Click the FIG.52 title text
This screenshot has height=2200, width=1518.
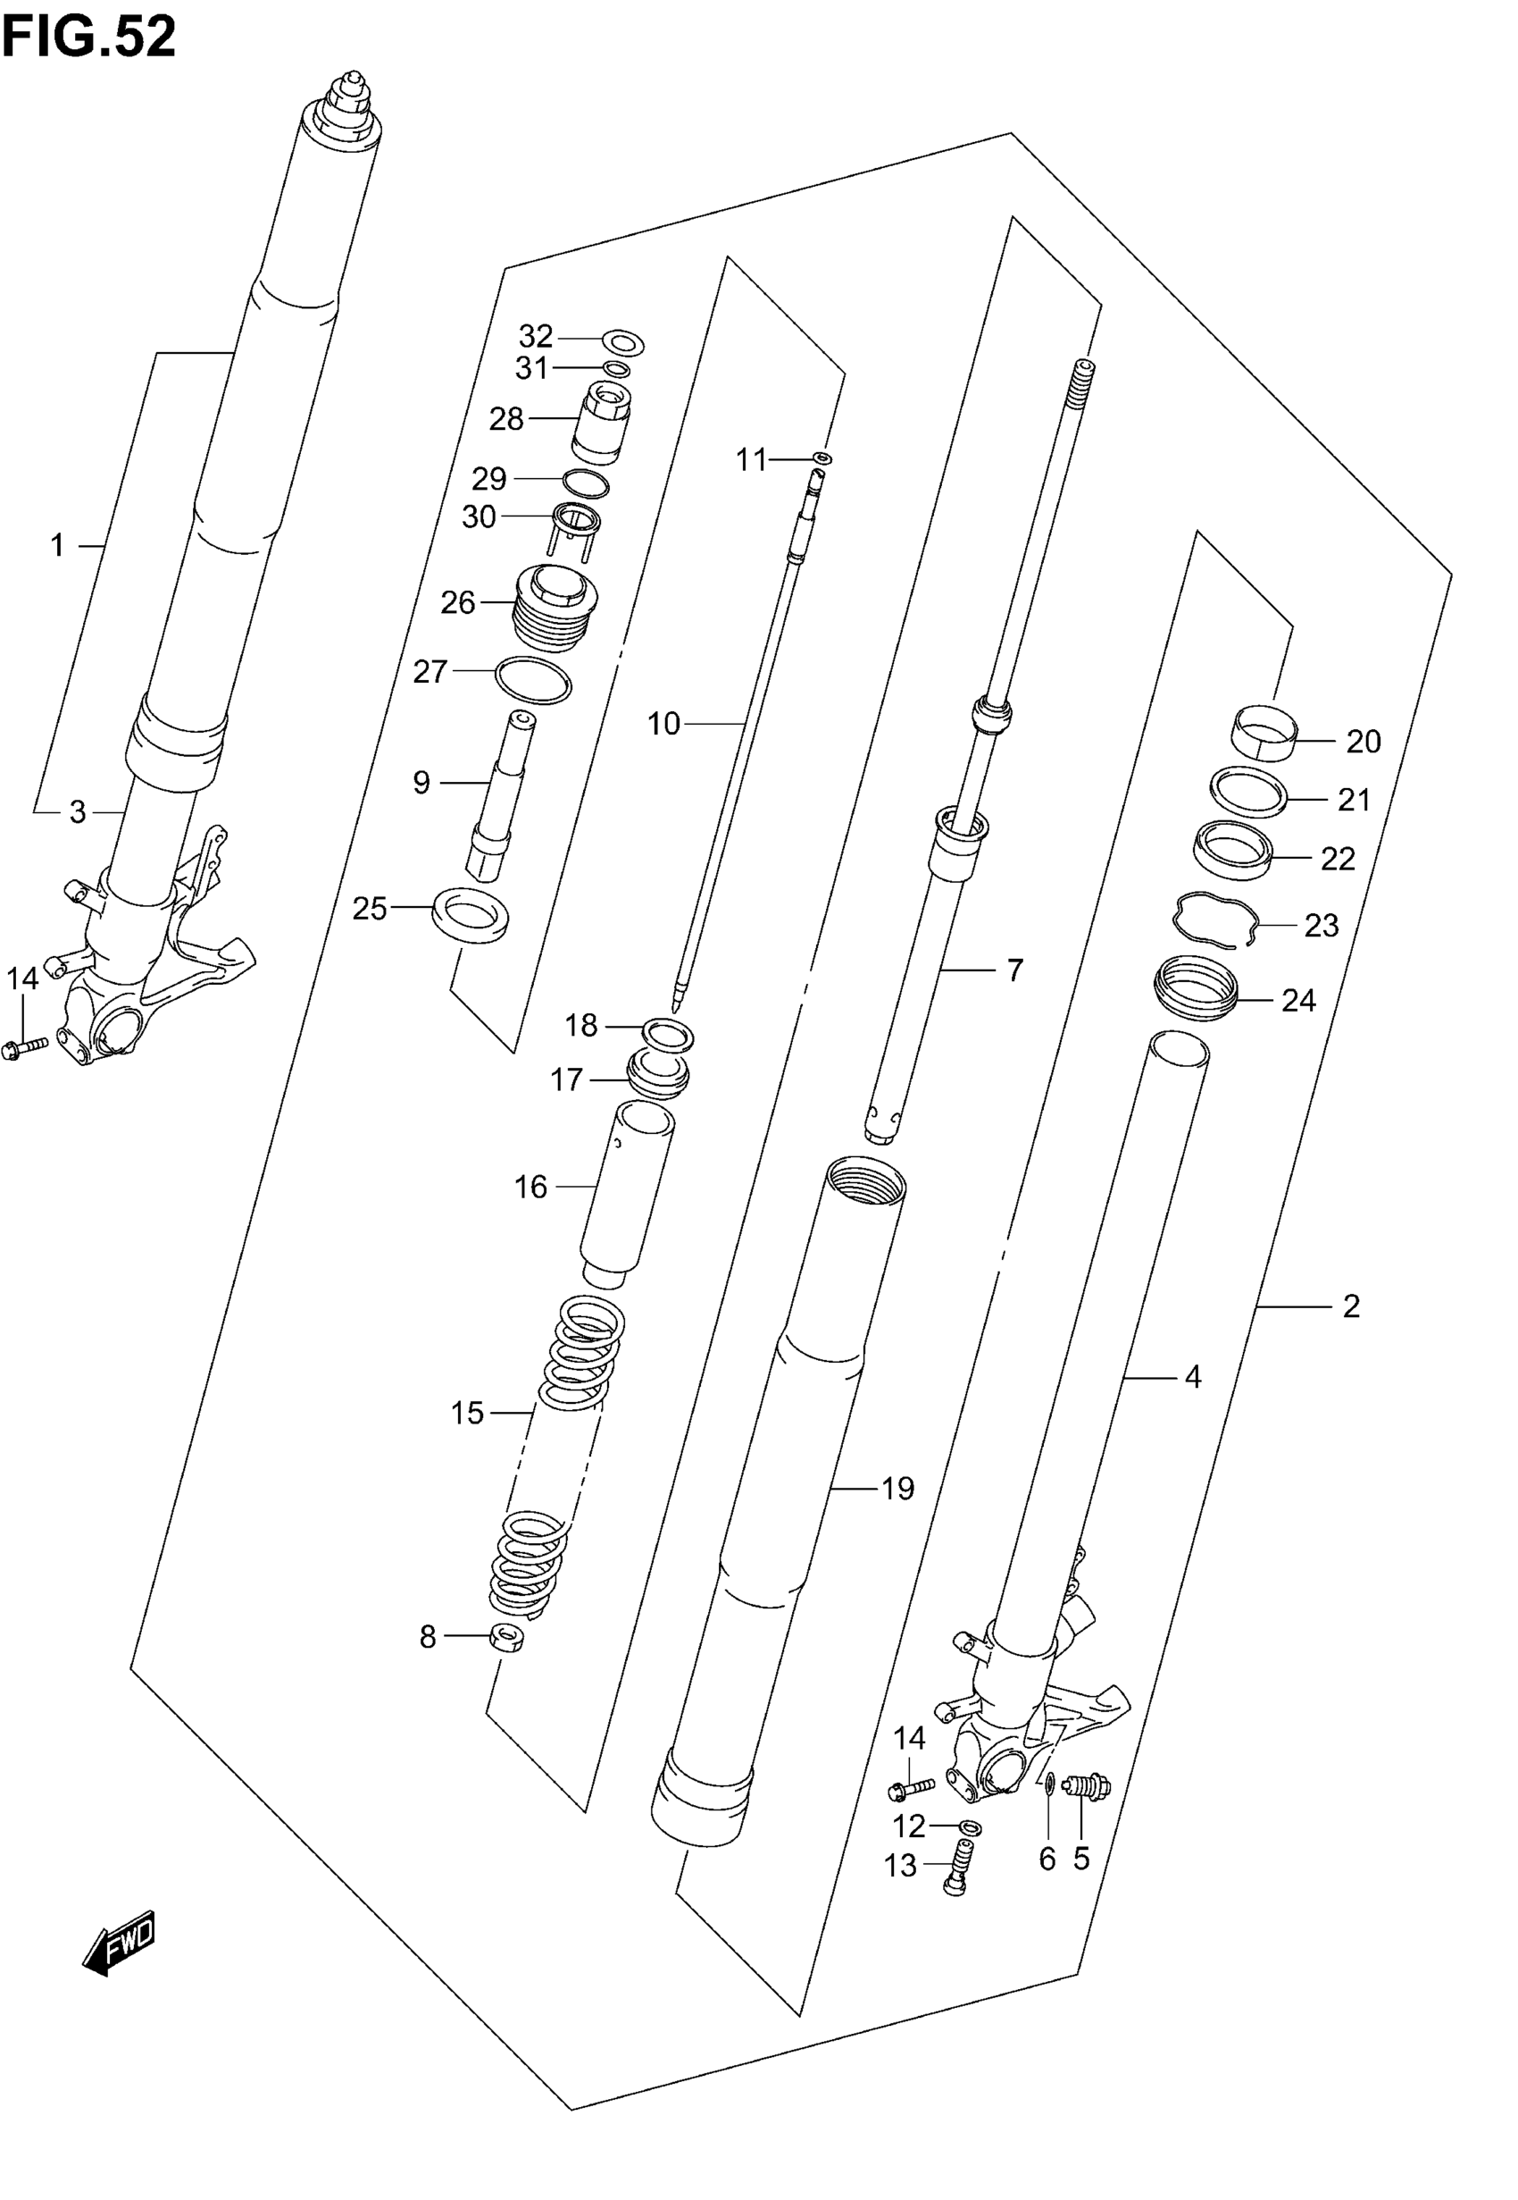pyautogui.click(x=88, y=38)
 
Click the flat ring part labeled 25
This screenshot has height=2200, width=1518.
pyautogui.click(x=470, y=913)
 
